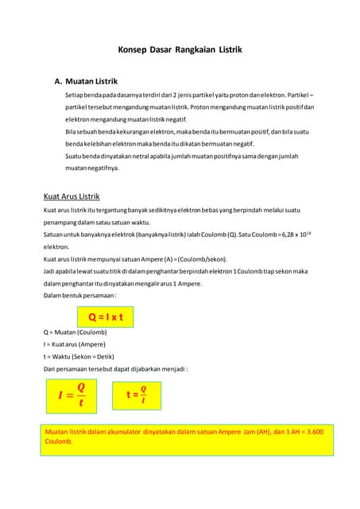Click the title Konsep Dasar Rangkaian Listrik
click(180, 49)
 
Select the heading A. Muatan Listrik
click(85, 81)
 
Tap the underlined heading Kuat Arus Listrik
click(72, 196)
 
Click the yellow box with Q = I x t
click(106, 317)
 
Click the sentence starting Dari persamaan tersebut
click(115, 369)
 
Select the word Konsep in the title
click(133, 49)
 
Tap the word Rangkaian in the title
click(199, 49)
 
